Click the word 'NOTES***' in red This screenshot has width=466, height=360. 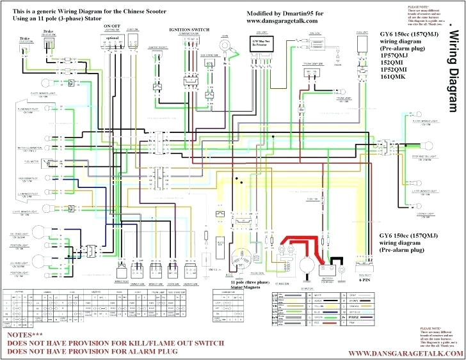[x=25, y=335]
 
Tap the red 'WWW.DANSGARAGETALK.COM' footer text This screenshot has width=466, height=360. [x=404, y=354]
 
